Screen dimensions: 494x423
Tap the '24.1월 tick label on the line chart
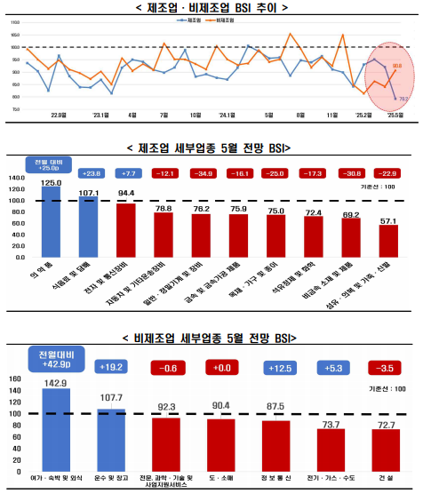(227, 115)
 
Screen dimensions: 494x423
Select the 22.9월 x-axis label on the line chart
(59, 115)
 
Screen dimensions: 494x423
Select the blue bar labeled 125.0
(52, 222)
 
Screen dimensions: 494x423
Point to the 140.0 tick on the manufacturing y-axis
(17, 178)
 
